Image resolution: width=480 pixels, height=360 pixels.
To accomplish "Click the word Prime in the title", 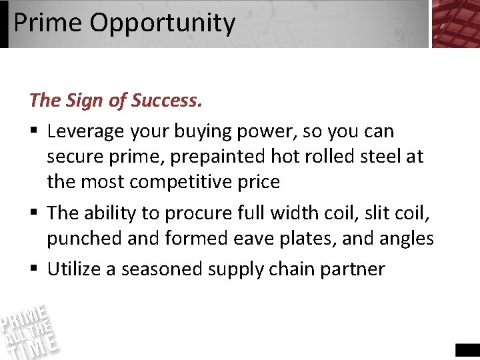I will [x=48, y=23].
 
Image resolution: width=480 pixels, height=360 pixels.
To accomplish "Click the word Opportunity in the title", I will [x=163, y=23].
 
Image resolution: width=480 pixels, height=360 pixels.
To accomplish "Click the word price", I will [x=257, y=181].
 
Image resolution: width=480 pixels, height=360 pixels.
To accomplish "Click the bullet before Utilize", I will [x=34, y=269].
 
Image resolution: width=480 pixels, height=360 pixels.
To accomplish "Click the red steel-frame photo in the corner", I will [x=455, y=23].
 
